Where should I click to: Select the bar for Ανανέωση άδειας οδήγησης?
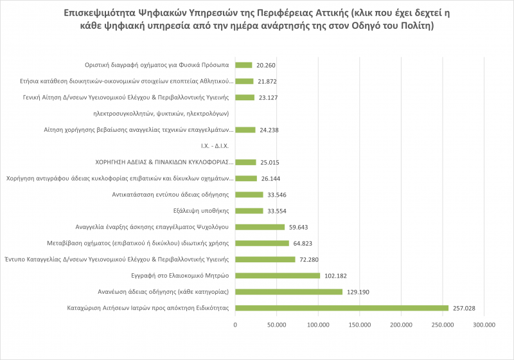[288, 292]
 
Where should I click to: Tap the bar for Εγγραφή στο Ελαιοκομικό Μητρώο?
[278, 276]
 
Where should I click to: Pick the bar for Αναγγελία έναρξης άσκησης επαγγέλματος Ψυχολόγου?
[260, 227]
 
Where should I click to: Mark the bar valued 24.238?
[245, 129]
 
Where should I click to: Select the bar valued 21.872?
[245, 81]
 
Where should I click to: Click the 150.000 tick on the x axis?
[360, 325]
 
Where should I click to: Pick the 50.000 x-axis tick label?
[277, 325]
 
